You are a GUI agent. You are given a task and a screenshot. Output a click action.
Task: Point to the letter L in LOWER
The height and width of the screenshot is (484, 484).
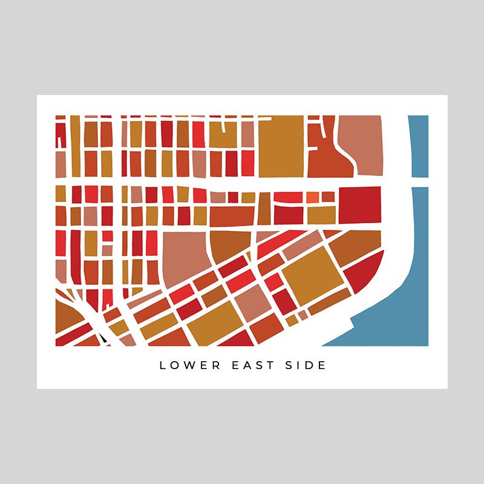point(162,365)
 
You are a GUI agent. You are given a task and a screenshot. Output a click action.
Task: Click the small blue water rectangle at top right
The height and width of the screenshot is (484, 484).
point(418,146)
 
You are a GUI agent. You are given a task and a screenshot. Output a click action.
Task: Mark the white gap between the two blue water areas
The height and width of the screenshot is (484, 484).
point(419,182)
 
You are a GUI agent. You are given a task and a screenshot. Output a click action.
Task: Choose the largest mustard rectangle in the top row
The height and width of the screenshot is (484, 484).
point(281,145)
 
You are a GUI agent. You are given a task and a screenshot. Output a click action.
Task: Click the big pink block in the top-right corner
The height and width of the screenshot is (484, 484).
point(360,140)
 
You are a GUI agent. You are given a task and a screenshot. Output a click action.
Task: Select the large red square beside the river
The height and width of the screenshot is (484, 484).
point(359,205)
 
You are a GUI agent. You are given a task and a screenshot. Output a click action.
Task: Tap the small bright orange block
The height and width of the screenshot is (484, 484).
point(311,197)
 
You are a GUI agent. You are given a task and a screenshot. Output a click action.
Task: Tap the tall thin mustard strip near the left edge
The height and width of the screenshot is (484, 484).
point(75,145)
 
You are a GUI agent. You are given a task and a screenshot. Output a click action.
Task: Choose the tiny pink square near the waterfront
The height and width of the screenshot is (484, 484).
point(303,314)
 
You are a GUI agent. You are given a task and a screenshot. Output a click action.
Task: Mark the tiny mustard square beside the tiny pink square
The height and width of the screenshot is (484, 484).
point(292,319)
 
